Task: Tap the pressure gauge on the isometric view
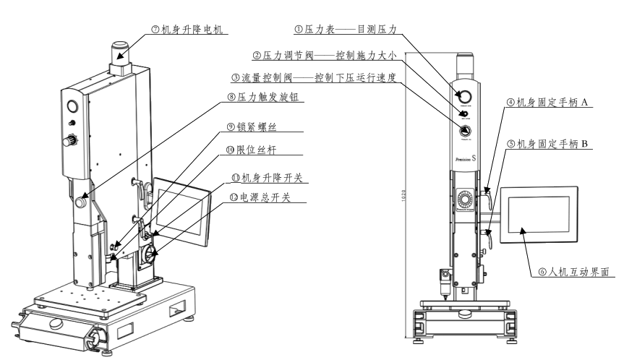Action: (72, 108)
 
